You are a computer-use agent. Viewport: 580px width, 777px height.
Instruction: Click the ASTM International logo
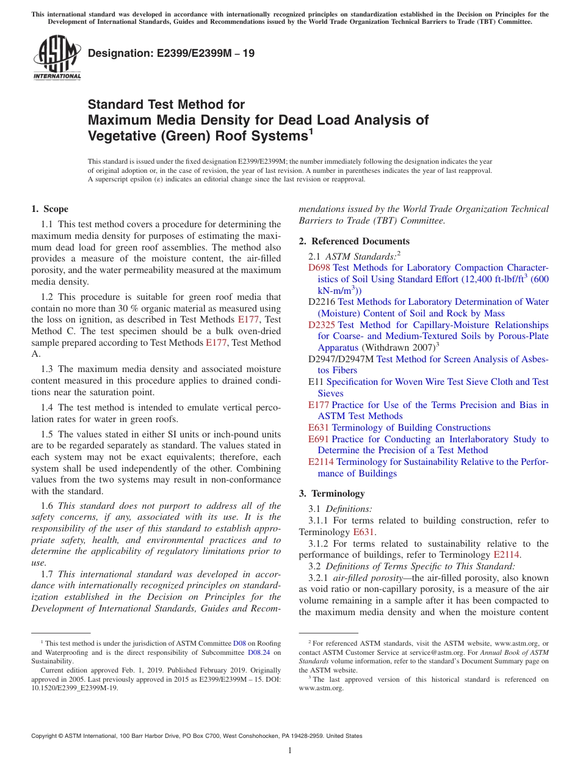(57, 58)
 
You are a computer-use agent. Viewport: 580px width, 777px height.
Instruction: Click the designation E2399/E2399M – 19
(172, 53)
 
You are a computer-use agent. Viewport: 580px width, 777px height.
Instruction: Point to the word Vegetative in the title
(126, 135)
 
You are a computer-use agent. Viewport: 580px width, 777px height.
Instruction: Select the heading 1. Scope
(50, 209)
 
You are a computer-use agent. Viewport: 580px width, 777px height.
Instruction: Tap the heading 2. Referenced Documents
(354, 241)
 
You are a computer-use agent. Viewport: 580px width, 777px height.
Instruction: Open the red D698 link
(319, 268)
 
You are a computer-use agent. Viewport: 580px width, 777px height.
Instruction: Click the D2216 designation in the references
(322, 302)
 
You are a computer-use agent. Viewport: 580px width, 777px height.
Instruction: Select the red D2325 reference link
(321, 325)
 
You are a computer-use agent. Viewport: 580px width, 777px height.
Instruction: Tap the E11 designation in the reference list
(316, 382)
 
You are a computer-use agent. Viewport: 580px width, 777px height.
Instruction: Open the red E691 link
(319, 439)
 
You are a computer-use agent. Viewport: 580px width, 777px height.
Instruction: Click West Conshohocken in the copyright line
(234, 736)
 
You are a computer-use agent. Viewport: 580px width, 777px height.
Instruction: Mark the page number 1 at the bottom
(290, 751)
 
